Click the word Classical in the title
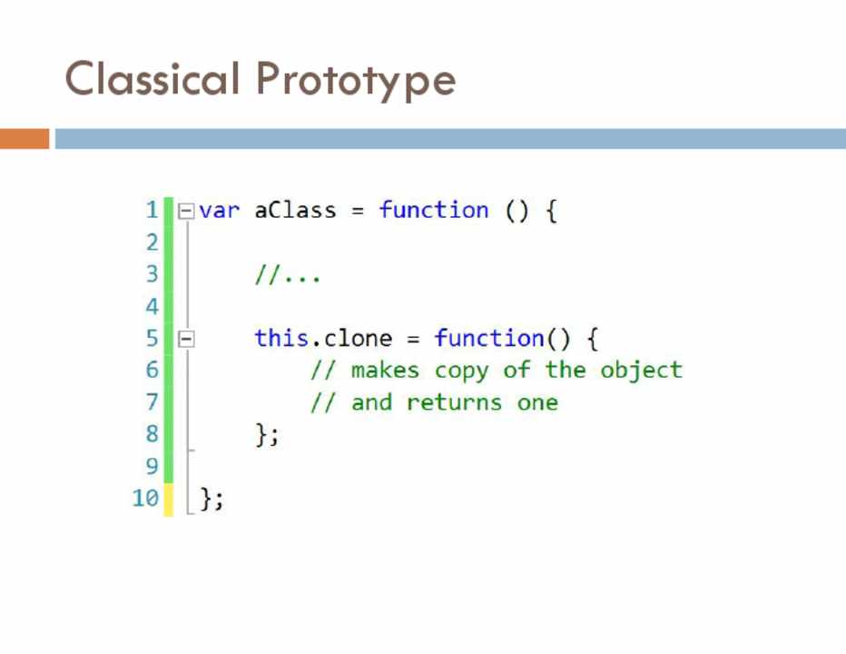click(152, 79)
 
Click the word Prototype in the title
click(356, 81)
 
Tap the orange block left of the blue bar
click(25, 138)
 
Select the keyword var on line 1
click(219, 210)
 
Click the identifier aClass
click(295, 210)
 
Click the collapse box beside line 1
click(186, 211)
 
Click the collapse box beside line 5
click(186, 339)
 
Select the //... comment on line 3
click(288, 274)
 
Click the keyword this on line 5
click(281, 338)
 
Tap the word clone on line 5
click(358, 338)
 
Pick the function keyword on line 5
click(489, 338)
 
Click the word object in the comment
click(641, 371)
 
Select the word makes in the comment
click(385, 370)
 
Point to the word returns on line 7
click(454, 402)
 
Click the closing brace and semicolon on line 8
click(267, 435)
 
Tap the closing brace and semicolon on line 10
click(211, 499)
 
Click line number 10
click(145, 498)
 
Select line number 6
click(152, 370)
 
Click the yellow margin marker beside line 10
click(169, 500)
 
